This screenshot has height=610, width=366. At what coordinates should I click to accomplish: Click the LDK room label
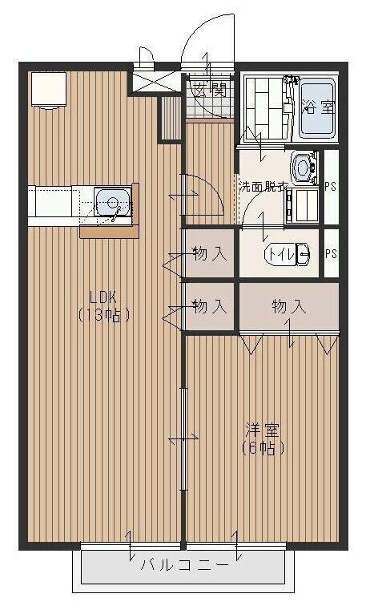pyautogui.click(x=103, y=297)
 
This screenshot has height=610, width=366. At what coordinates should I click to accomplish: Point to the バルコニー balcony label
pyautogui.click(x=184, y=564)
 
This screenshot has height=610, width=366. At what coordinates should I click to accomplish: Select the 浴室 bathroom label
pyautogui.click(x=319, y=106)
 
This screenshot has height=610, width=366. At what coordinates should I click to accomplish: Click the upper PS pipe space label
pyautogui.click(x=331, y=187)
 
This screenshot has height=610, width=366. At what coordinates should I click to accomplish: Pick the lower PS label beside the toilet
pyautogui.click(x=331, y=253)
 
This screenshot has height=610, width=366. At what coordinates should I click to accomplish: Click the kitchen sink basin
pyautogui.click(x=113, y=202)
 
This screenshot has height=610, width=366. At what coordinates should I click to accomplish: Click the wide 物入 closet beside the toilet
pyautogui.click(x=288, y=307)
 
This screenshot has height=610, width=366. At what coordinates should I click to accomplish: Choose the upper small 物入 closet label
pyautogui.click(x=210, y=254)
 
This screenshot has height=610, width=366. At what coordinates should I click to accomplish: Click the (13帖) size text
pyautogui.click(x=103, y=315)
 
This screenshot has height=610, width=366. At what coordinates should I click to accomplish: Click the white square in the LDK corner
pyautogui.click(x=49, y=89)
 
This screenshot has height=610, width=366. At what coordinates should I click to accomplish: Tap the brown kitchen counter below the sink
pyautogui.click(x=110, y=232)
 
